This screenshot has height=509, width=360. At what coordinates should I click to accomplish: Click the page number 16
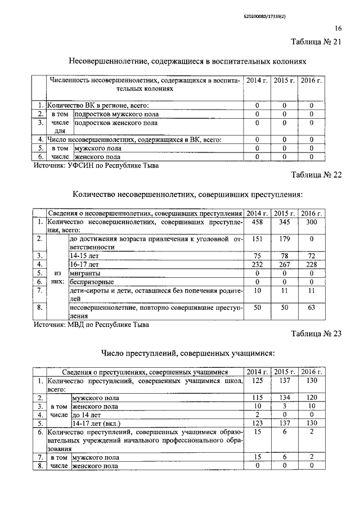[x=337, y=28]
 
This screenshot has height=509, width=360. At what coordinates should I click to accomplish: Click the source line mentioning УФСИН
[x=96, y=165]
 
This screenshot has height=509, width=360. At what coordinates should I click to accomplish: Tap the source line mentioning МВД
[x=92, y=324]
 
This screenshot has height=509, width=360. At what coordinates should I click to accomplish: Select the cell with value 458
[x=257, y=223]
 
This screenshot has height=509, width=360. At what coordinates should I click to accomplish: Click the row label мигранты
[x=84, y=272]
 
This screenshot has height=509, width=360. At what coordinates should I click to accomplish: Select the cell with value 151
[x=257, y=239]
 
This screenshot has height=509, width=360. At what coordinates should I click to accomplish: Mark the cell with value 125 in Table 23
[x=257, y=381]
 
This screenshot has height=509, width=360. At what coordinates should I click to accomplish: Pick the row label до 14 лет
[x=87, y=415]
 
